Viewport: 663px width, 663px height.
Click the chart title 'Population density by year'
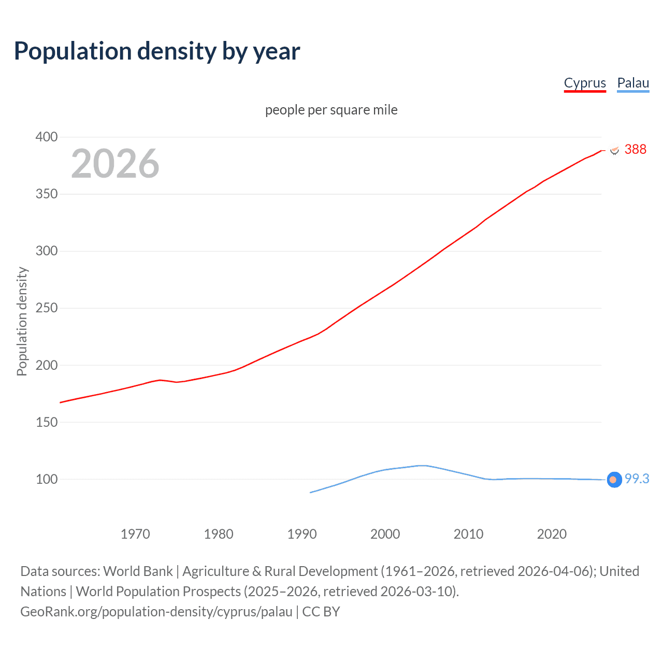[x=157, y=51]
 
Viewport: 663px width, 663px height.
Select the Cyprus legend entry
[x=585, y=83]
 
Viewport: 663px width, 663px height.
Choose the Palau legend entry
[x=633, y=83]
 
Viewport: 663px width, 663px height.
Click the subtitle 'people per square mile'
[x=331, y=110]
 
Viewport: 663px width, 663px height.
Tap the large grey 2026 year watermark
[x=115, y=164]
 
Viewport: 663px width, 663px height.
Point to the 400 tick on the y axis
[x=46, y=137]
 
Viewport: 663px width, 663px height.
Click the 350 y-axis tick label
[x=46, y=194]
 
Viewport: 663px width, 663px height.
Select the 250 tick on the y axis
[x=46, y=308]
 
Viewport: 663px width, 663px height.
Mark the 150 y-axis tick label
[x=46, y=422]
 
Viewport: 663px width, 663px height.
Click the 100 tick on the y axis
[x=46, y=479]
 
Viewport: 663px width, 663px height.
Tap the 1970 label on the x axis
[x=135, y=534]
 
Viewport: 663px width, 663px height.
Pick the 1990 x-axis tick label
[x=302, y=534]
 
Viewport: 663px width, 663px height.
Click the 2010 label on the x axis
[x=468, y=534]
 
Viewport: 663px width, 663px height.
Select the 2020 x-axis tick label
[x=552, y=534]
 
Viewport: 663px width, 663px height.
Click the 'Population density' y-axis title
[x=22, y=321]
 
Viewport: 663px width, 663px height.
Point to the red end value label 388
[x=635, y=150]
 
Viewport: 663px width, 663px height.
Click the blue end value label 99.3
[x=637, y=479]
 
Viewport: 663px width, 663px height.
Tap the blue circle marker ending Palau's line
[x=614, y=480]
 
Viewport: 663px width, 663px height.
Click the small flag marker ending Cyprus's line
[x=614, y=150]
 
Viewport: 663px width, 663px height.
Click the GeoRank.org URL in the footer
[x=156, y=612]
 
